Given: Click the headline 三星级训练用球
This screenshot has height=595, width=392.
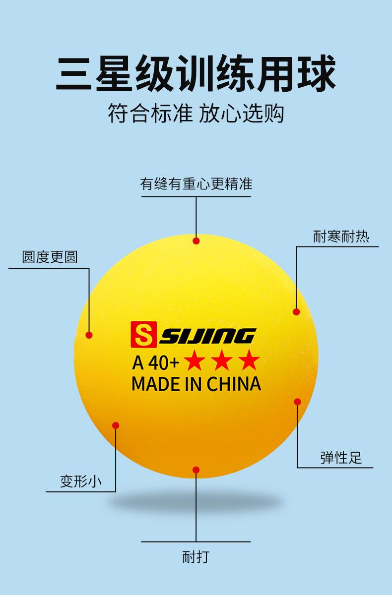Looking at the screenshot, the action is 196,74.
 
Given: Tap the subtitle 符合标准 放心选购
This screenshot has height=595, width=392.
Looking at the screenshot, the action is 196,114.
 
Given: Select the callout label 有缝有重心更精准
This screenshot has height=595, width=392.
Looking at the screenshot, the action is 196,184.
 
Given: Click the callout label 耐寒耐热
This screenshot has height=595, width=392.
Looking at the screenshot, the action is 341,236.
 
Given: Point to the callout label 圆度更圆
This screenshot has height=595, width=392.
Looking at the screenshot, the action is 50,257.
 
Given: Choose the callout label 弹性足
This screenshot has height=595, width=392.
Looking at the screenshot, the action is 341,458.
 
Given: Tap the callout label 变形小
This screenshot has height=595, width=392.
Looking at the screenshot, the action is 81,481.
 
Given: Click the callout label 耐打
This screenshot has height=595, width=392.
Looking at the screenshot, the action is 196,557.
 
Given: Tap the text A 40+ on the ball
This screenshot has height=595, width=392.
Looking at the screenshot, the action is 155,363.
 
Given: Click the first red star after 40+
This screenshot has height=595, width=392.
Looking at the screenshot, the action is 194,361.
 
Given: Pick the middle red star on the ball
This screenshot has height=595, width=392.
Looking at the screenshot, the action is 221,361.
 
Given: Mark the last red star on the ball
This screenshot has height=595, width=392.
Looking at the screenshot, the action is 249,361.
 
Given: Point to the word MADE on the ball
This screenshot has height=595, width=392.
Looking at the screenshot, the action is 152,384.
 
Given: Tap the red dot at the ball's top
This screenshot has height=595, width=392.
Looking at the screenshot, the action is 196,241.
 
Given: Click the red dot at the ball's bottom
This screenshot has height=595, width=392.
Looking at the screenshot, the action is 196,470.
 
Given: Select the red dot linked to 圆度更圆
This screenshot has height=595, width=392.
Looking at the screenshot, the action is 89,335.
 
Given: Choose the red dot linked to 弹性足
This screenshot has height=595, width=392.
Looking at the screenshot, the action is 297,402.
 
